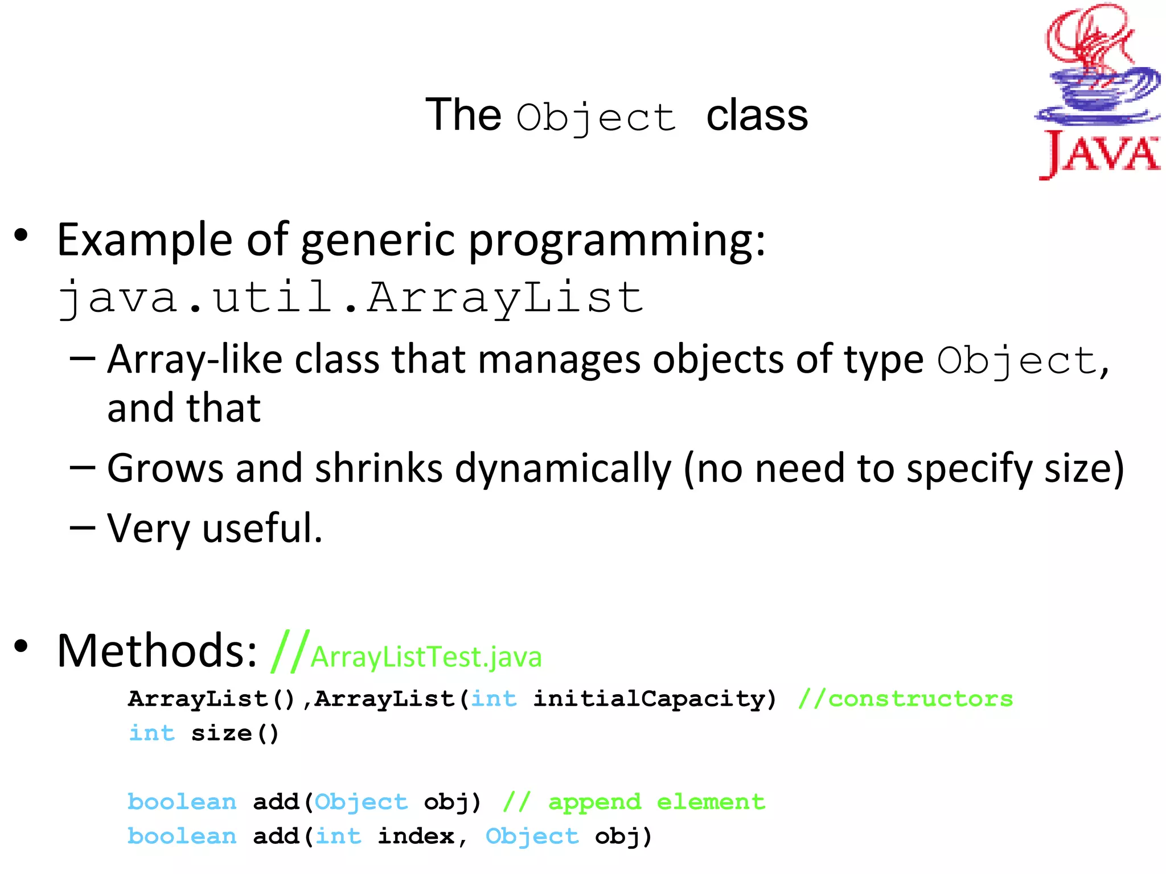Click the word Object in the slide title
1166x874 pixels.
click(596, 118)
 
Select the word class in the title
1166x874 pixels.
click(757, 116)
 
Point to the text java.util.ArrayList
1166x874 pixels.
click(350, 298)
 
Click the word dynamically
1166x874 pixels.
click(563, 469)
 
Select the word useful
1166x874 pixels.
click(262, 528)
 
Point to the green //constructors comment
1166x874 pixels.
click(905, 699)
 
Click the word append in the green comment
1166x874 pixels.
click(594, 802)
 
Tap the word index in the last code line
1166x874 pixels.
click(416, 836)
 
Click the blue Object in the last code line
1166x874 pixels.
click(532, 836)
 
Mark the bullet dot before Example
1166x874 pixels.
click(21, 234)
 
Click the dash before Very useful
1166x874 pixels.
click(82, 528)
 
